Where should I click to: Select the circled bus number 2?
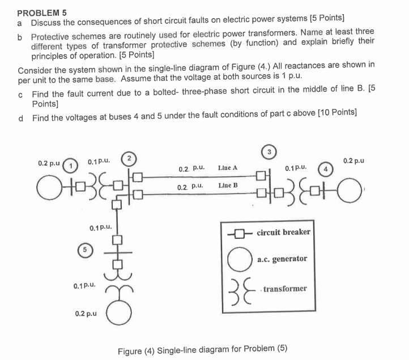[130, 157]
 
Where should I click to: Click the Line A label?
[227, 168]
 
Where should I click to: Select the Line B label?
[228, 185]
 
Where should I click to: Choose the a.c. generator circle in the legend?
[238, 259]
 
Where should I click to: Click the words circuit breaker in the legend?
[283, 233]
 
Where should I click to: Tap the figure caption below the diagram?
[202, 349]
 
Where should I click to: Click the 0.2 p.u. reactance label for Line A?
[187, 169]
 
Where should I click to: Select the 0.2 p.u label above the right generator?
[353, 160]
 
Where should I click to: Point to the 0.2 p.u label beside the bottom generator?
[85, 312]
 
